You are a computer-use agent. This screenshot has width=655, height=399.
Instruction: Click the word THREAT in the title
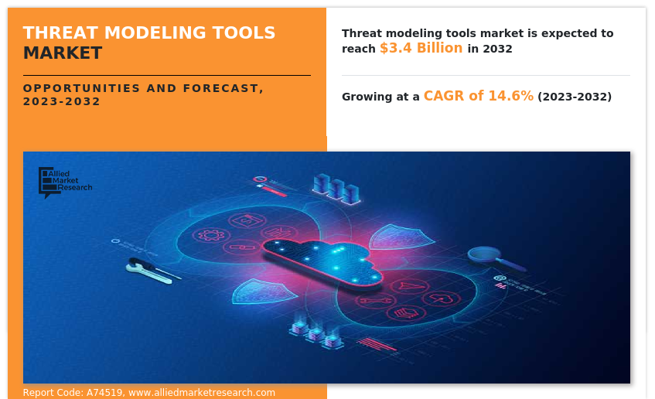pos(60,33)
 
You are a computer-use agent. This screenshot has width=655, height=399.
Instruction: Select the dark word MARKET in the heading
pos(63,53)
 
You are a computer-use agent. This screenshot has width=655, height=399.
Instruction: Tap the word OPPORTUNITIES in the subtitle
pos(81,88)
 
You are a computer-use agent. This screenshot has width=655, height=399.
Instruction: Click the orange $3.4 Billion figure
pos(421,48)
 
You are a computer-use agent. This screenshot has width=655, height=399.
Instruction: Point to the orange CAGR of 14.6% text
pos(479,96)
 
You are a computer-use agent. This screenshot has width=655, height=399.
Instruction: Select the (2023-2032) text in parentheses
pos(575,97)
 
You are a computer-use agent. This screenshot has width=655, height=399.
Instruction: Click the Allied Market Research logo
pos(65,182)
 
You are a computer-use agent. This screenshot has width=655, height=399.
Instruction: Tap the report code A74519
pos(104,393)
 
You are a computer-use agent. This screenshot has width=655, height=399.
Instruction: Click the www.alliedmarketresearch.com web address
pos(202,393)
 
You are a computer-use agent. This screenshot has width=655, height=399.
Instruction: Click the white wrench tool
pos(152,271)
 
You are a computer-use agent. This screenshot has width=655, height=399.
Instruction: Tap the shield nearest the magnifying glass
pos(401,237)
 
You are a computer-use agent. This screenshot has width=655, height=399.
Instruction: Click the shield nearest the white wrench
pos(263,292)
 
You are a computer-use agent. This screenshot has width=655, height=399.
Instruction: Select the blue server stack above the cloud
pos(336,189)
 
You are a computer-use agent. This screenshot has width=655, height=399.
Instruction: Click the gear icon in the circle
pos(211,235)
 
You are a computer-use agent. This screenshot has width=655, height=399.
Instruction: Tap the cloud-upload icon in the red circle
pos(441,299)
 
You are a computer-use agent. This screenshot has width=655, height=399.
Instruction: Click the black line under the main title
pos(167,76)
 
